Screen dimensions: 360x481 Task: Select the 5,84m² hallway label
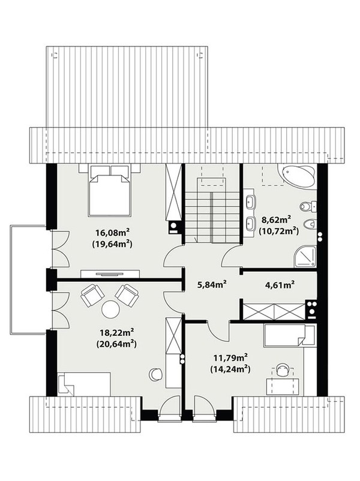click(211, 285)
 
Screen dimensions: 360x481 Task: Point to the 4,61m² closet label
click(280, 285)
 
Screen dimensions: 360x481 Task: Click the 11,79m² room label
click(230, 357)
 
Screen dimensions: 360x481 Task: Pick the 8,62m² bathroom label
click(276, 220)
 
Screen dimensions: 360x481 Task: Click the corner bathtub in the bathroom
click(297, 176)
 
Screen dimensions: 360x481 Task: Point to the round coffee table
click(110, 309)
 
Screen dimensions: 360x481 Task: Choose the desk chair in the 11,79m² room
click(283, 369)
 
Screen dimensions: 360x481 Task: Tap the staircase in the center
click(212, 212)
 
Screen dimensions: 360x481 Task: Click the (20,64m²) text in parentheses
click(116, 344)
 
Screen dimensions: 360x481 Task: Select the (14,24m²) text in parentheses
click(230, 369)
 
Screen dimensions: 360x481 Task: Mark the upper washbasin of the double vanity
click(250, 202)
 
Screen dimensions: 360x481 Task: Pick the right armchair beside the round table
click(127, 295)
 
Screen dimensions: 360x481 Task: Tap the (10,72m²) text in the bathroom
click(278, 231)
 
